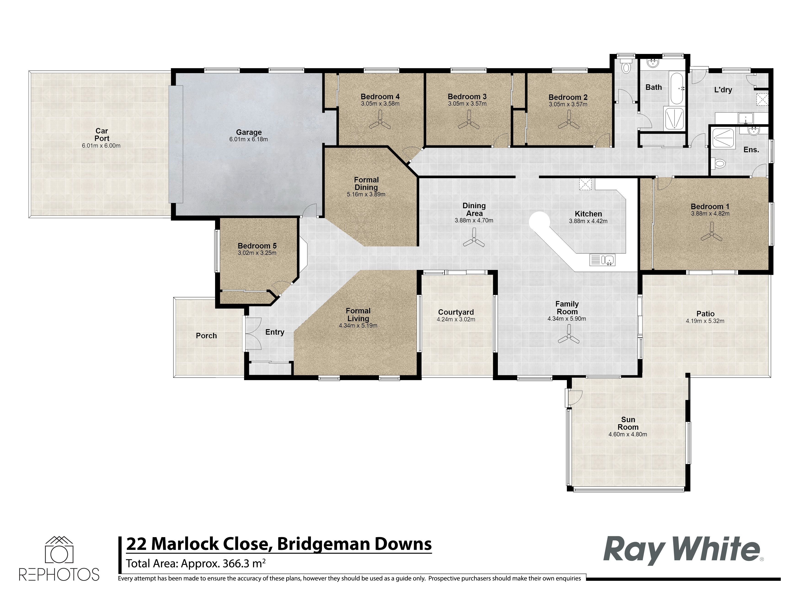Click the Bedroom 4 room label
[x=380, y=96]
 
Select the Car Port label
[x=102, y=135]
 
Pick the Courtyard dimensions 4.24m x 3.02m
[x=456, y=319]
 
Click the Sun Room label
[x=628, y=423]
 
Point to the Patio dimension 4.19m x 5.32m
[x=705, y=321]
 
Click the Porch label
[x=206, y=336]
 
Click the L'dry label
[x=723, y=90]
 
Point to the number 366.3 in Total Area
[x=238, y=563]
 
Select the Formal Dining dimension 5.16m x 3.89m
[x=366, y=194]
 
